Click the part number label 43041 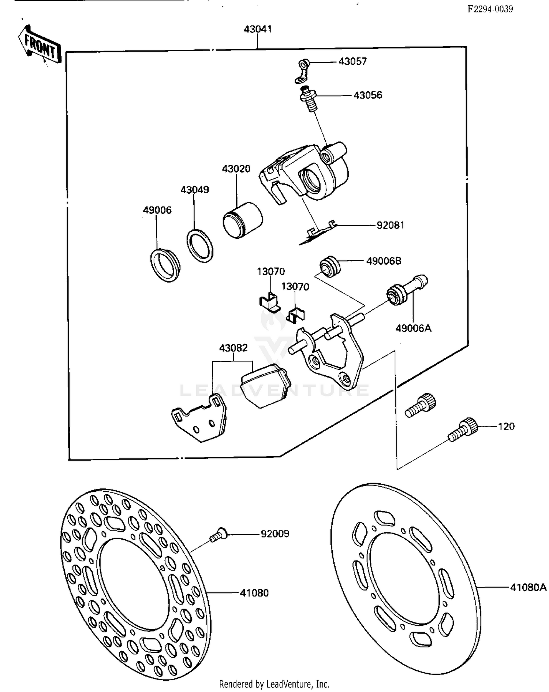pyautogui.click(x=258, y=29)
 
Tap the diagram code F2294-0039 pyautogui.click(x=490, y=9)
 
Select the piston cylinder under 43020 pyautogui.click(x=242, y=220)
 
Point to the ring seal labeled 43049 pyautogui.click(x=200, y=246)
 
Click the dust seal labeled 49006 pyautogui.click(x=165, y=265)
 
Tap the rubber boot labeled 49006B pyautogui.click(x=330, y=267)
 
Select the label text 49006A pyautogui.click(x=413, y=328)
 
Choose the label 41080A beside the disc pyautogui.click(x=528, y=587)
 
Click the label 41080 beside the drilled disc pyautogui.click(x=254, y=593)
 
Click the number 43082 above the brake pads pyautogui.click(x=233, y=348)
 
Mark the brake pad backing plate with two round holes pyautogui.click(x=200, y=418)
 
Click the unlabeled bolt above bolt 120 pyautogui.click(x=421, y=406)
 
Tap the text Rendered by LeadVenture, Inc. pyautogui.click(x=274, y=684)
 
